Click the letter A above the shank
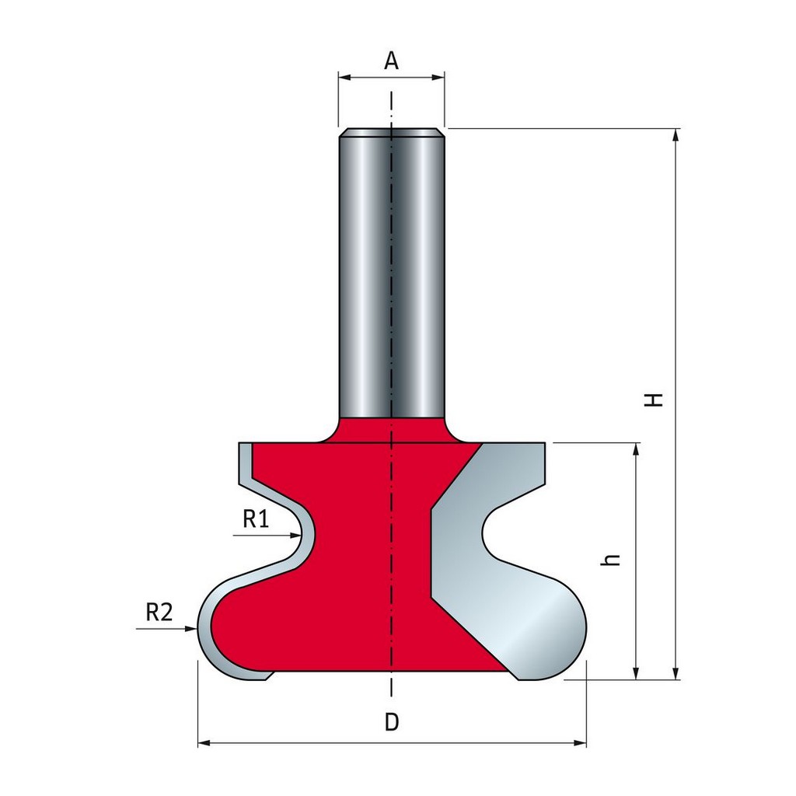pos(391,61)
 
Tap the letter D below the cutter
pos(392,721)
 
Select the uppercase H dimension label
pos(655,400)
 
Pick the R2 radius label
pos(159,613)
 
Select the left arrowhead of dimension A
pos(345,77)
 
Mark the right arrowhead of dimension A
pos(438,77)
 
